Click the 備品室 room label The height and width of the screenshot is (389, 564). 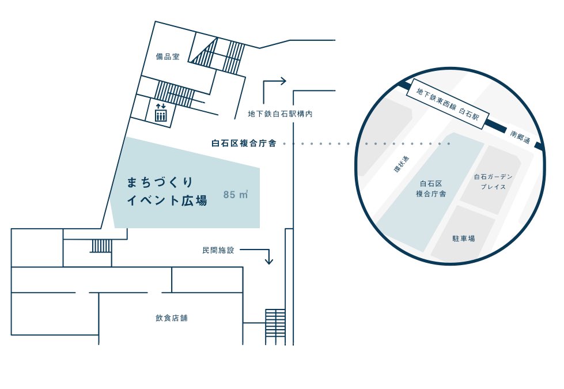pos(168,56)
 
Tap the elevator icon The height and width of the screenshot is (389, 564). pos(161,114)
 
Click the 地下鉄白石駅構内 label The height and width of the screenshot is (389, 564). pos(280,114)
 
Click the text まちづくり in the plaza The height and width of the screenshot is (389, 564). pos(160,182)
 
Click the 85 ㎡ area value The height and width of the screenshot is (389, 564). pos(236,195)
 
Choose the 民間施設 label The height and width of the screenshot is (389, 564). pos(218,250)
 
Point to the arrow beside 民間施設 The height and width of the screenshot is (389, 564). pos(262,255)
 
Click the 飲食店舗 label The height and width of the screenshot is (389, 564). pos(171,318)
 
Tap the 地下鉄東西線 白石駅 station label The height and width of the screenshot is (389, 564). pos(448,104)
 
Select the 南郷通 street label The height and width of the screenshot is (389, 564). pos(521,139)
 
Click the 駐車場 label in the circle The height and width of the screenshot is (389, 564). pos(463,238)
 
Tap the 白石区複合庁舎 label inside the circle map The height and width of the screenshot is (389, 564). pos(431,188)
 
